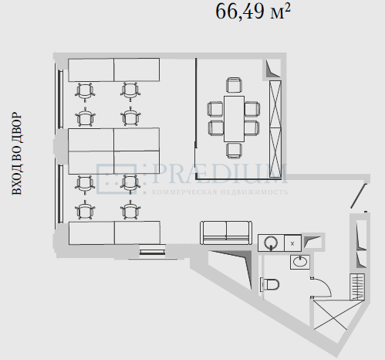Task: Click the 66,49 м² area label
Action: tap(253, 12)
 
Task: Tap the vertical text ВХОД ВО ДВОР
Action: tap(17, 153)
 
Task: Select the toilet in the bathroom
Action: tap(270, 284)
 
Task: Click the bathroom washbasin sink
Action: tap(300, 262)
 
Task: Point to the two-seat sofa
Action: tap(225, 233)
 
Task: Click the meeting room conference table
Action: tap(234, 119)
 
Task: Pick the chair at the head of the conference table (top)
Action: tap(234, 85)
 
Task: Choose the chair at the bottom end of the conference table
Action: tap(234, 151)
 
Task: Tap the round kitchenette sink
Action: tap(271, 243)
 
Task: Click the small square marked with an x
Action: tap(292, 243)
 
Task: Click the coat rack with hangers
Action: tap(357, 287)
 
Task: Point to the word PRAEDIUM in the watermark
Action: tap(221, 174)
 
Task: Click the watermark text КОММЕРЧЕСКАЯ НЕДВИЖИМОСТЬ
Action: tap(220, 192)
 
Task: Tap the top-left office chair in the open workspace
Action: tap(85, 92)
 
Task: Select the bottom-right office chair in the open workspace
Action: tap(130, 210)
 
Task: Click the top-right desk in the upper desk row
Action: tap(137, 70)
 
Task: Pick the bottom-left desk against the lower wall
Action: tap(92, 233)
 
